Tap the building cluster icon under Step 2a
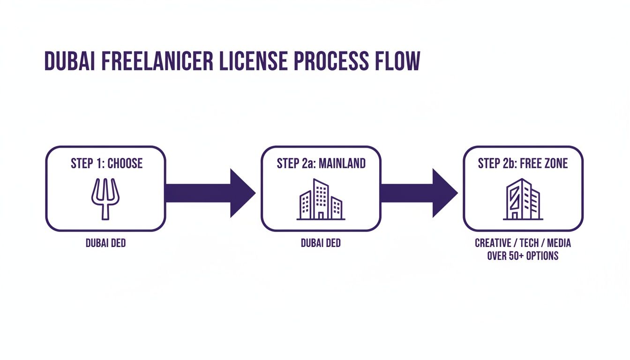pyautogui.click(x=321, y=200)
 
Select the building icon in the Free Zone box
pyautogui.click(x=523, y=200)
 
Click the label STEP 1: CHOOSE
pyautogui.click(x=106, y=164)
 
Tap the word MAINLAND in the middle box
pyautogui.click(x=342, y=164)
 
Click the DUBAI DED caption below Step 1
pyautogui.click(x=105, y=244)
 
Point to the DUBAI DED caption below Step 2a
pyautogui.click(x=321, y=244)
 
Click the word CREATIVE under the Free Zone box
pyautogui.click(x=493, y=244)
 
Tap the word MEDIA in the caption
pyautogui.click(x=558, y=244)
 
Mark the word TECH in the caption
pyautogui.click(x=528, y=244)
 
